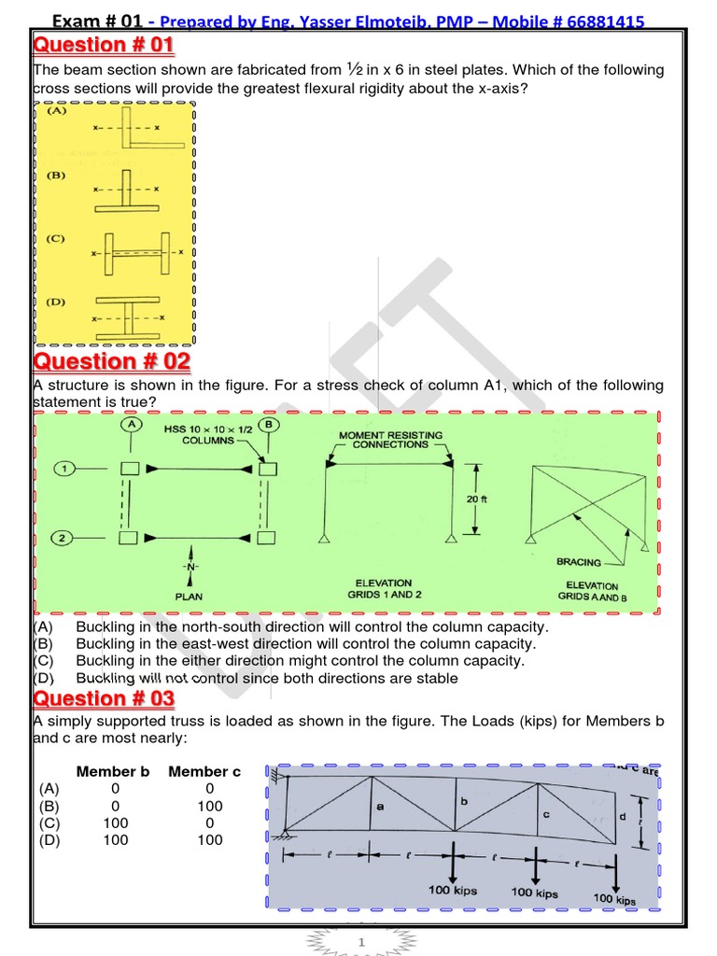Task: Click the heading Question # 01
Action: [x=103, y=45]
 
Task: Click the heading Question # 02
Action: [x=111, y=361]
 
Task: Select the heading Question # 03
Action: [x=104, y=698]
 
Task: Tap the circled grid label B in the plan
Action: [x=269, y=425]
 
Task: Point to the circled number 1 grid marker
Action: [x=63, y=469]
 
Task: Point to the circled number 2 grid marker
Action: [x=63, y=537]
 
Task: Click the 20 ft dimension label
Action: [x=477, y=499]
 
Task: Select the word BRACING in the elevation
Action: [x=578, y=563]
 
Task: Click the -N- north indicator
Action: [x=191, y=567]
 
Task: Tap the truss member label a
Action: [x=379, y=806]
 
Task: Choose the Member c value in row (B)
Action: [x=210, y=806]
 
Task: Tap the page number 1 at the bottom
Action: [x=359, y=944]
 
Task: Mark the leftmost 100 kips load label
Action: [x=453, y=890]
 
